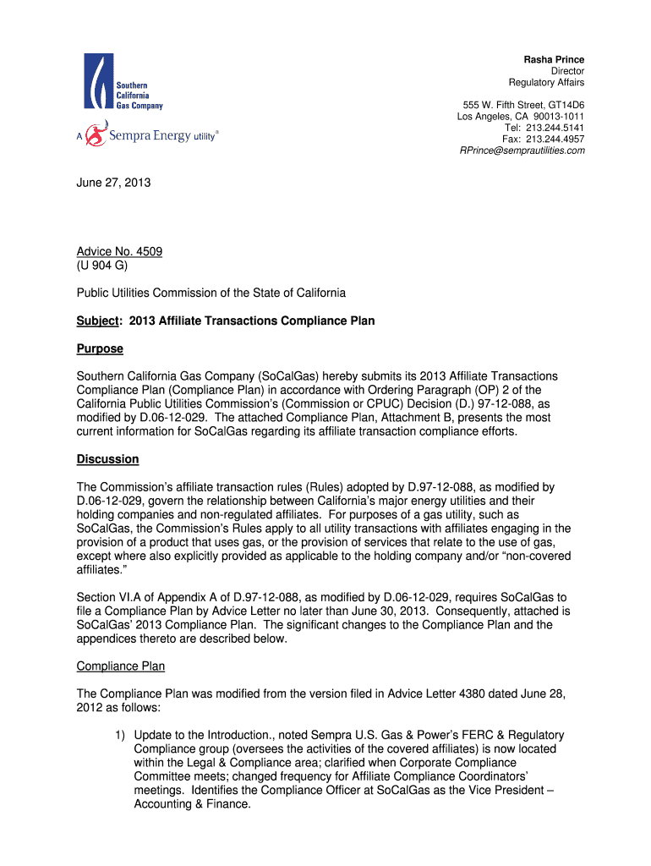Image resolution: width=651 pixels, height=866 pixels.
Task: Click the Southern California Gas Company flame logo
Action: [97, 80]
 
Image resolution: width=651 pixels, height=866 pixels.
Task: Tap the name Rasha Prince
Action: [554, 59]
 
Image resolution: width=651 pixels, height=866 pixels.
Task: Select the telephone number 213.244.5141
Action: [555, 128]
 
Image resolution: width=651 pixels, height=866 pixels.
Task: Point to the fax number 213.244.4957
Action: [555, 139]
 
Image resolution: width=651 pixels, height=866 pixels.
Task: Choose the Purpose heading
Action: [100, 348]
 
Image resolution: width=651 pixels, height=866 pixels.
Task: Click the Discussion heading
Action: [107, 459]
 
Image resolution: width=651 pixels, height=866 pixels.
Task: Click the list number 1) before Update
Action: [122, 735]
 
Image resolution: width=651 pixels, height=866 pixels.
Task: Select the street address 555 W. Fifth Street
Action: [501, 105]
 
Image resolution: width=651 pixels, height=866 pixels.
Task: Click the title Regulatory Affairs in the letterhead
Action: [546, 82]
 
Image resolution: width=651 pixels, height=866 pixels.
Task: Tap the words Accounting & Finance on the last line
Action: [192, 804]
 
